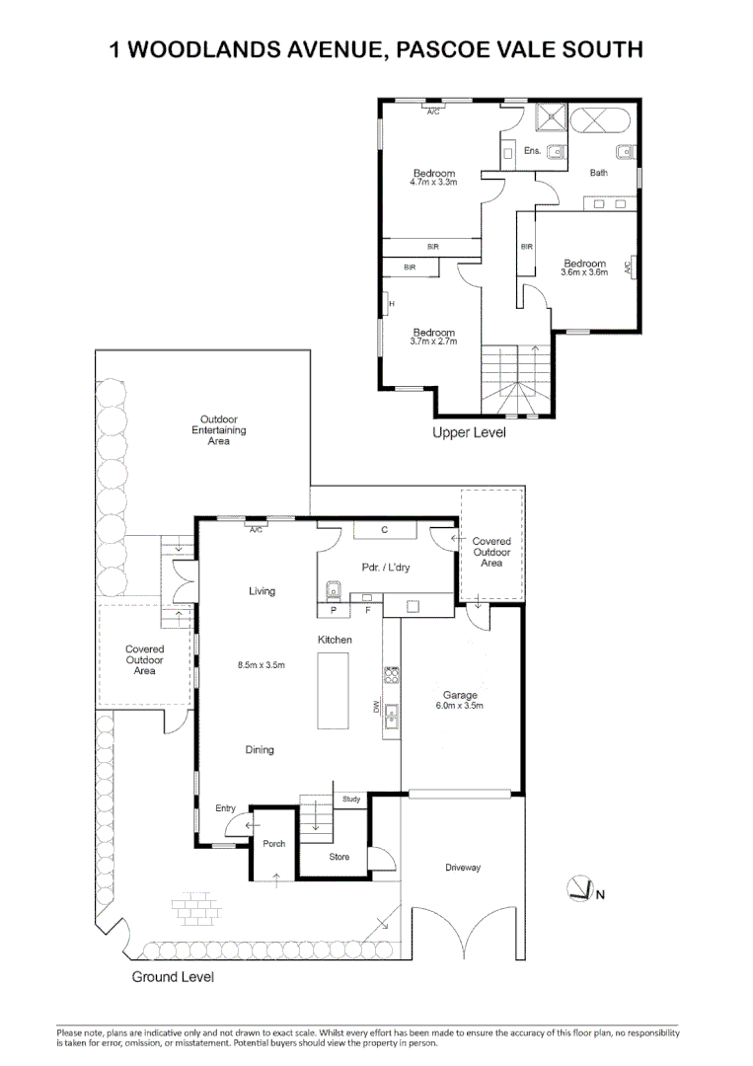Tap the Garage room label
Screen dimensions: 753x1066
460,695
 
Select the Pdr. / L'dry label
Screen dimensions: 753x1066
385,567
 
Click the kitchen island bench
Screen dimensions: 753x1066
333,691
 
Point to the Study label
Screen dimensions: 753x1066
351,799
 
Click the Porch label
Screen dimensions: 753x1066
274,843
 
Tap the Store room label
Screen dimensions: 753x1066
339,857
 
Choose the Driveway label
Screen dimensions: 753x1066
463,868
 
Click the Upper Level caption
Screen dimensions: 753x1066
469,432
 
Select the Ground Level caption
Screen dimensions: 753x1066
173,977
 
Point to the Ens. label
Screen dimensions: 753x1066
532,151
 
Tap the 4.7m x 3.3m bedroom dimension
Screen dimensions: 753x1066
433,183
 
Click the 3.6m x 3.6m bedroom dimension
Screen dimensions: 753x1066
584,272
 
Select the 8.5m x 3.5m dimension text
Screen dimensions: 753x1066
261,665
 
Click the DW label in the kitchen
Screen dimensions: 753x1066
376,708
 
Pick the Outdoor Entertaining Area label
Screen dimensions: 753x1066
219,430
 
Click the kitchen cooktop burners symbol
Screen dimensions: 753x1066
392,675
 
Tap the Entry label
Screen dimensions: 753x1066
225,808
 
